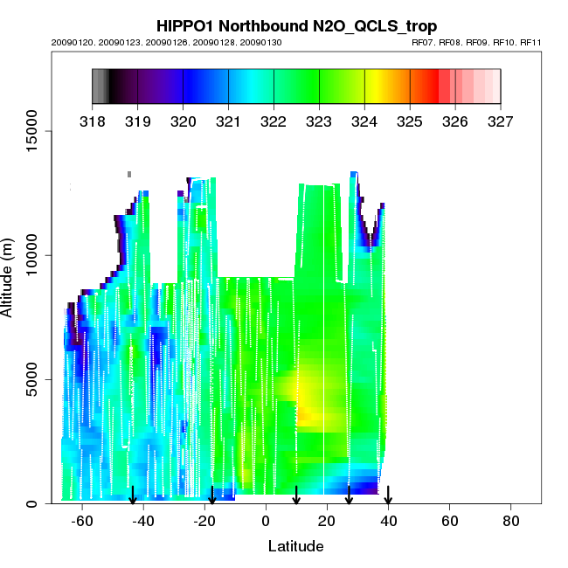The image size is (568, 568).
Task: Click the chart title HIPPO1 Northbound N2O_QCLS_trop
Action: tap(296, 26)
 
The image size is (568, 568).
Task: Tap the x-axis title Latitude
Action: tap(295, 546)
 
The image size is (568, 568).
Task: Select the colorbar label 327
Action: tap(501, 120)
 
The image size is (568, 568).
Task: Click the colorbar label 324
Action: tap(364, 120)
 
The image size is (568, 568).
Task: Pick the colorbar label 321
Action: tap(228, 120)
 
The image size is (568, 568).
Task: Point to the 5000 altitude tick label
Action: tap(33, 379)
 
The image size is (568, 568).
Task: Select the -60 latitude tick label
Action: tap(82, 521)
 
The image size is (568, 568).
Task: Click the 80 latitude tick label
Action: tap(511, 521)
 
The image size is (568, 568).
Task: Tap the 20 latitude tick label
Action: tap(327, 521)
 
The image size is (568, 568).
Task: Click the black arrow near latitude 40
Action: tap(388, 495)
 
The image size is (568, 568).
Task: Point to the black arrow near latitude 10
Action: tap(296, 495)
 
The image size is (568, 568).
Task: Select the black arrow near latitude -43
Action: tap(133, 495)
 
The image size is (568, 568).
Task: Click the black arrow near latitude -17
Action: tap(212, 495)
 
